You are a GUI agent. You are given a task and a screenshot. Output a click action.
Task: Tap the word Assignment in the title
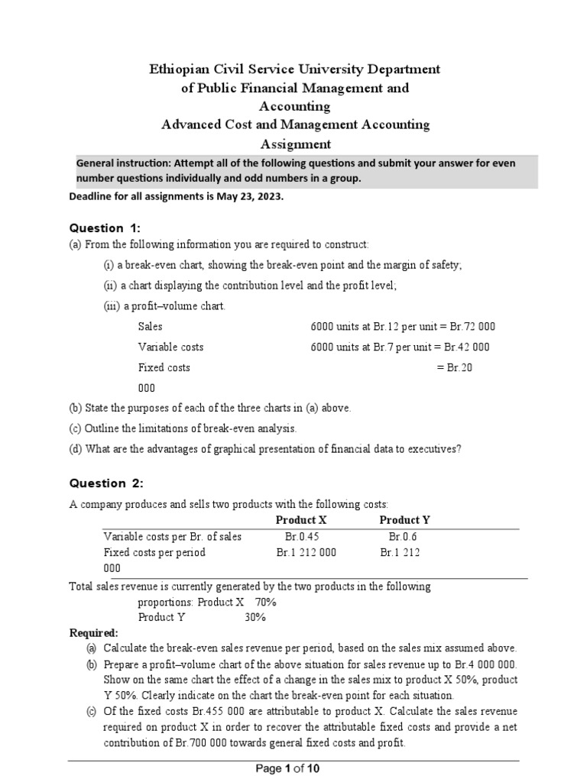click(x=296, y=144)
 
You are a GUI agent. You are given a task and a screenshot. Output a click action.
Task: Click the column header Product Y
click(x=405, y=520)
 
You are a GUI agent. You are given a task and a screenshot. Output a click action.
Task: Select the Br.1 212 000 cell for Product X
click(x=306, y=552)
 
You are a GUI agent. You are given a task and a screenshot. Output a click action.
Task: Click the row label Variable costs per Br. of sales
click(x=172, y=536)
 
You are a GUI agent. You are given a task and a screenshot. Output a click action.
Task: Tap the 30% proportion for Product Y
click(x=256, y=617)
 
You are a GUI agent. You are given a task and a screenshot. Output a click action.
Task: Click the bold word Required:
click(x=94, y=632)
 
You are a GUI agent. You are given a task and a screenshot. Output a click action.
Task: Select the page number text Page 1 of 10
click(x=293, y=769)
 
